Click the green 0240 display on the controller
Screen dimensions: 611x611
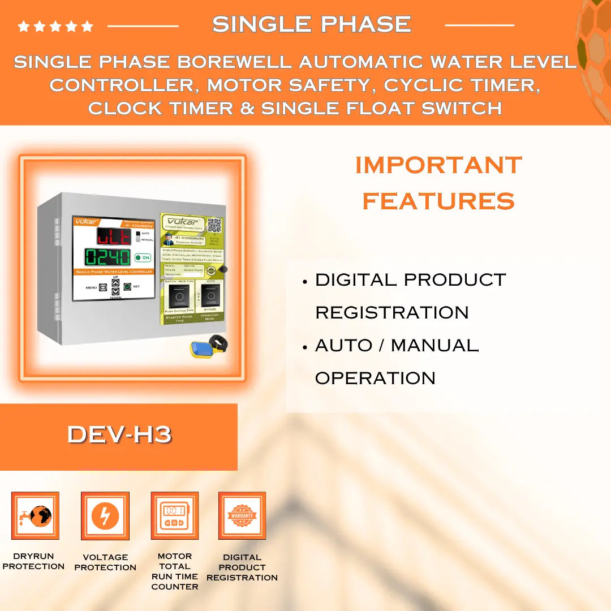tap(107, 257)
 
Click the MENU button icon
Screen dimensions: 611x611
tap(103, 287)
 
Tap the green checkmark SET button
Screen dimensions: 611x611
tap(127, 287)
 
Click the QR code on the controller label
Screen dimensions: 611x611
tap(214, 225)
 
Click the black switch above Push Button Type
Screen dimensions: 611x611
tap(179, 295)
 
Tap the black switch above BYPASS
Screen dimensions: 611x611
tap(211, 295)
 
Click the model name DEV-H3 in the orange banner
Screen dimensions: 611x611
tap(119, 434)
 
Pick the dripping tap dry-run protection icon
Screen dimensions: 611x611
tap(35, 515)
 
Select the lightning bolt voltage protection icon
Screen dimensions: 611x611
tap(105, 515)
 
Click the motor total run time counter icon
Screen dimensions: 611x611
tap(174, 515)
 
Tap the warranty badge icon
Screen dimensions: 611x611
tap(242, 515)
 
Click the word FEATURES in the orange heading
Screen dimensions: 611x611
tap(438, 201)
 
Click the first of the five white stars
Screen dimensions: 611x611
tap(24, 26)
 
